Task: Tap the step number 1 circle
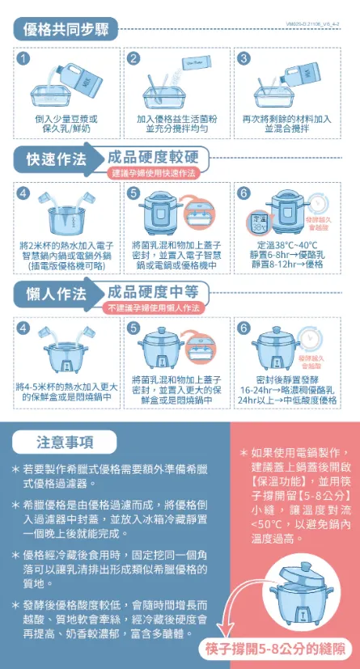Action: point(25,58)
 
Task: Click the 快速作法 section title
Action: point(57,159)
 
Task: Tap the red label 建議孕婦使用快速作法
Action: point(154,174)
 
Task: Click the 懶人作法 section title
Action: point(57,294)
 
